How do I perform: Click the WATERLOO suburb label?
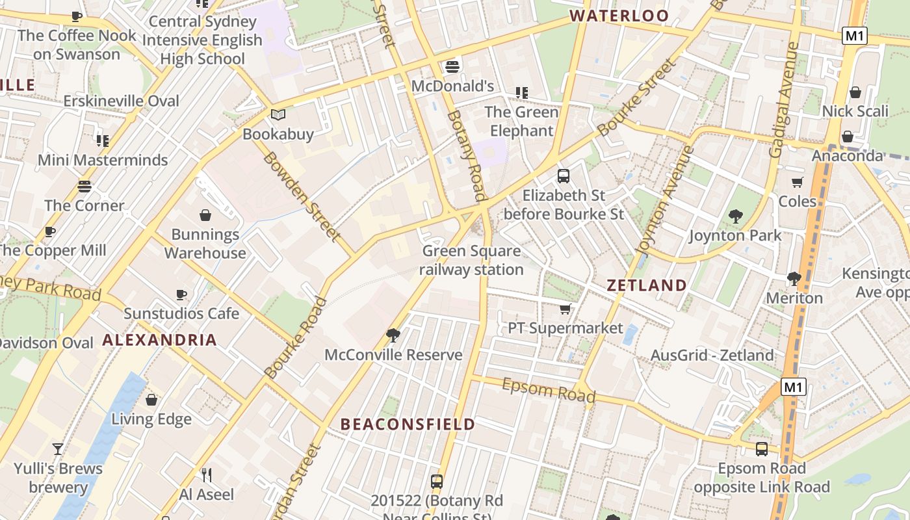[x=619, y=16]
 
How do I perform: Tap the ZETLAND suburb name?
[x=646, y=285]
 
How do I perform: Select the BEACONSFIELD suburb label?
[x=408, y=424]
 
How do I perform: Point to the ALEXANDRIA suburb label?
[x=159, y=340]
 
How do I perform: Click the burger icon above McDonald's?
[x=452, y=66]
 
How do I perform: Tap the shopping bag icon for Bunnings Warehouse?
[x=205, y=215]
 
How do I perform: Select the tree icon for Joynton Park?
[x=735, y=216]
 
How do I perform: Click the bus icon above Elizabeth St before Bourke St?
[x=564, y=176]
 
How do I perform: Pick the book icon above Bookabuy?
[x=278, y=115]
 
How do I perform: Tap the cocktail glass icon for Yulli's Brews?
[x=58, y=449]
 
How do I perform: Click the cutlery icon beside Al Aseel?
[x=206, y=475]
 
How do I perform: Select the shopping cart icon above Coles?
[x=797, y=182]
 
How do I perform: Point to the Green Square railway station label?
[x=471, y=260]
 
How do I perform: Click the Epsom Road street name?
[x=549, y=390]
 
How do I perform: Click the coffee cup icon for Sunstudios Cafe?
[x=181, y=295]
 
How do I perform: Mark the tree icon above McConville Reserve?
[x=393, y=335]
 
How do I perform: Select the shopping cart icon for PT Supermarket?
[x=565, y=309]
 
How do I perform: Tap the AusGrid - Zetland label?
[x=712, y=356]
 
